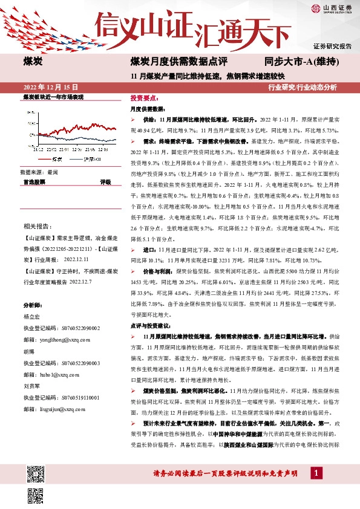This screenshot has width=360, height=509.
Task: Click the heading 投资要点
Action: pyautogui.click(x=144, y=97)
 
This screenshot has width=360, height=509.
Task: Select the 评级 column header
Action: pyautogui.click(x=105, y=181)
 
